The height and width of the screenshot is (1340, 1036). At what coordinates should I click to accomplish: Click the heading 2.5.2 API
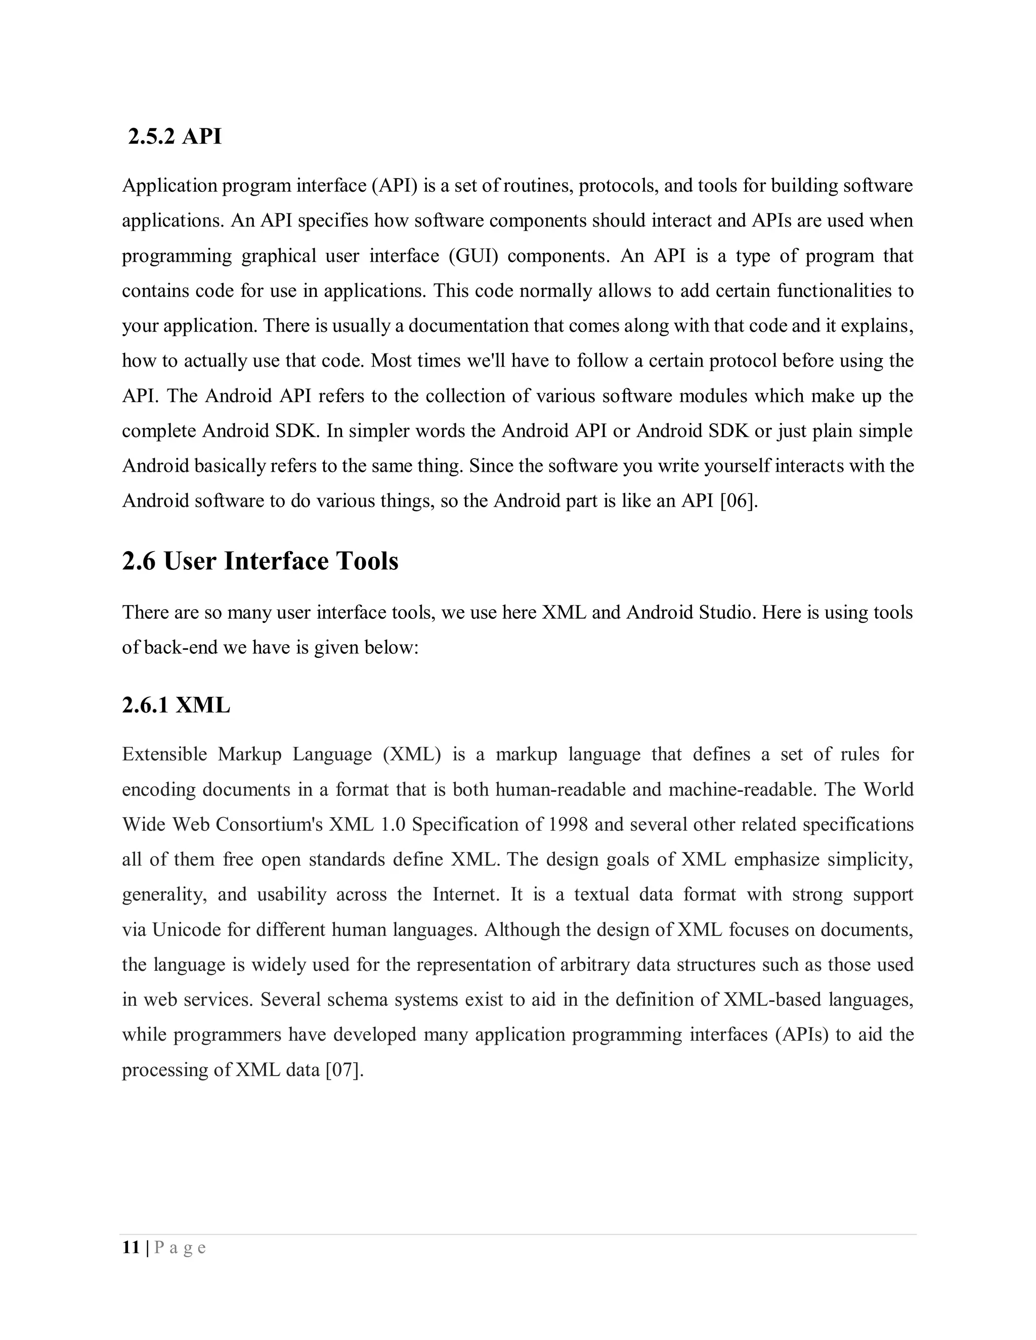click(x=175, y=136)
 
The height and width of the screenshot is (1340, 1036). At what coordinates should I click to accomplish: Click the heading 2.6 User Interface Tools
click(x=260, y=561)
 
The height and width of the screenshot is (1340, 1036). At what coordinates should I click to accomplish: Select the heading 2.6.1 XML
click(x=176, y=705)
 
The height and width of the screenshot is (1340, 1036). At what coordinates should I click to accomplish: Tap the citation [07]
click(x=344, y=1070)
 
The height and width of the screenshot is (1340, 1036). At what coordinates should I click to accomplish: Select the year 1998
click(x=568, y=824)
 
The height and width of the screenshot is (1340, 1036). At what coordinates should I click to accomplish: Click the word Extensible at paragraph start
click(x=164, y=754)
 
